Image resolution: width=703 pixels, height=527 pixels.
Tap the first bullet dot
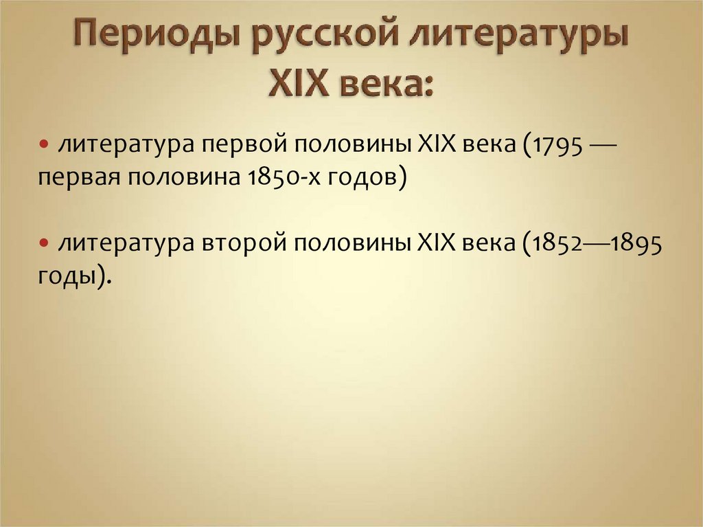43,144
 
